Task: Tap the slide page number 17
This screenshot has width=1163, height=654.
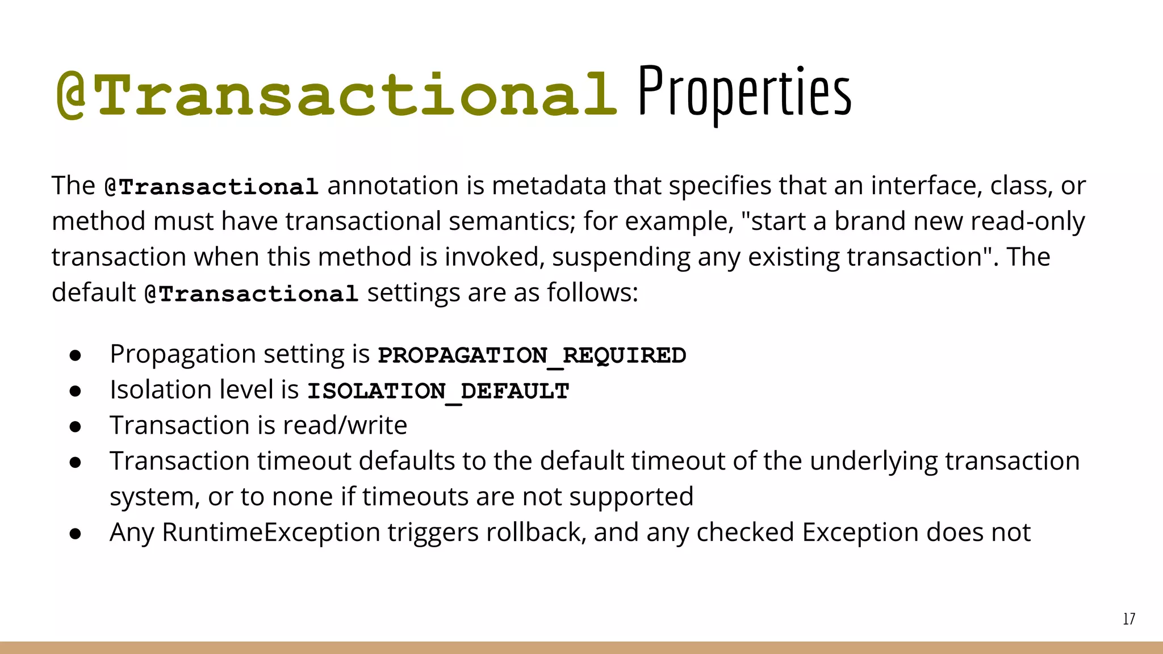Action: tap(1129, 619)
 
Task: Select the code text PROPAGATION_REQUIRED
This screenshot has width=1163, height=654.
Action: tap(532, 355)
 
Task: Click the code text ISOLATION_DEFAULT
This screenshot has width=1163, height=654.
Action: tap(438, 391)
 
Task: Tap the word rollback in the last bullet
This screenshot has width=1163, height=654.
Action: tap(533, 533)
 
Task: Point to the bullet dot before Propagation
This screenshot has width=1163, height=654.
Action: tap(76, 355)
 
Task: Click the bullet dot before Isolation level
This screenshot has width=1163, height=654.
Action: tap(76, 391)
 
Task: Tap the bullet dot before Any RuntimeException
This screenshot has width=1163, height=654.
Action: tap(76, 534)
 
